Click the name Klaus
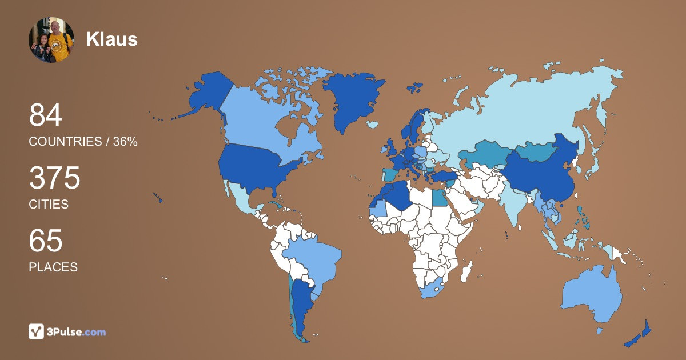pos(112,39)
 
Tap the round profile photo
pos(51,39)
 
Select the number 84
pos(46,115)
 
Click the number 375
pos(55,178)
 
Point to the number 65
pos(46,241)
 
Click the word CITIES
pos(49,204)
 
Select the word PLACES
pos(53,267)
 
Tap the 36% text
pos(125,142)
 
